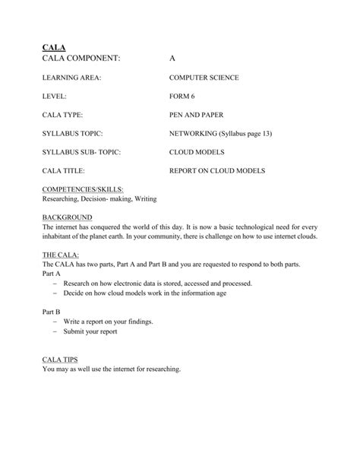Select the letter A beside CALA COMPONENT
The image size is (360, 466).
pos(172,59)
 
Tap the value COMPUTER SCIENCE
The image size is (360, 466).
pos(204,78)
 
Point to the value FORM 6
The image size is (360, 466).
pos(182,97)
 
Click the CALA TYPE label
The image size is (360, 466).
pos(62,115)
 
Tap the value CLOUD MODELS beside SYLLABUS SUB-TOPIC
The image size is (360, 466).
pos(197,152)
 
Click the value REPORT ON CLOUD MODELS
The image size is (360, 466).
pos(216,171)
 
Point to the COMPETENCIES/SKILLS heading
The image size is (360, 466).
pos(83,189)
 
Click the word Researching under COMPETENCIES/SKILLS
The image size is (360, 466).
pos(62,198)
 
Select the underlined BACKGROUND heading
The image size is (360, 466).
pos(65,217)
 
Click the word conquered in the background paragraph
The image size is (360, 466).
pos(121,227)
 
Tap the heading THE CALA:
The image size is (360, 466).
pos(61,255)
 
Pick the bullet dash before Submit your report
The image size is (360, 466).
pos(57,331)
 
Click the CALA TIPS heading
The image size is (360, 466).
pos(61,360)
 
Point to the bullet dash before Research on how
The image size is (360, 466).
pos(57,283)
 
